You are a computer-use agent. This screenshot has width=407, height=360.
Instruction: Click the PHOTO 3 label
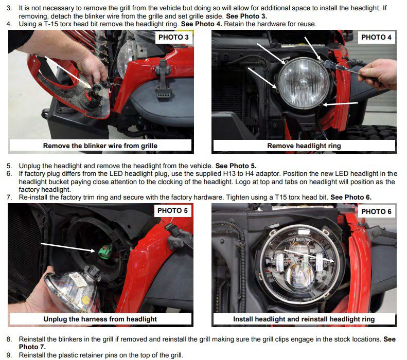pos(173,38)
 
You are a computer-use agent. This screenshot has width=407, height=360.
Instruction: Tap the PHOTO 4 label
pos(376,38)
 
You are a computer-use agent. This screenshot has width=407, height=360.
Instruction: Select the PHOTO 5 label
pos(172,211)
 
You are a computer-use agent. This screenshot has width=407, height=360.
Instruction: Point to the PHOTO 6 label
pos(376,211)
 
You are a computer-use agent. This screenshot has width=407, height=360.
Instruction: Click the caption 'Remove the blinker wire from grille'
pos(100,146)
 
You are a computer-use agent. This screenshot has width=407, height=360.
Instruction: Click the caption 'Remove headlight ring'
pos(304,146)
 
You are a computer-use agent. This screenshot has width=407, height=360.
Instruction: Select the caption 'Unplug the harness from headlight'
pos(100,319)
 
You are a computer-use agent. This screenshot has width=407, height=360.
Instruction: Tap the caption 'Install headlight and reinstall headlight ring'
pos(304,319)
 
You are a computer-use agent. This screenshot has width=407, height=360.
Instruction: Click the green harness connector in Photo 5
pos(105,251)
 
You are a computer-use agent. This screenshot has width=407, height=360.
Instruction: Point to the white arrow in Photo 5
pos(68,247)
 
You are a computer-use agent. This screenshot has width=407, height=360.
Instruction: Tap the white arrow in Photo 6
pos(309,256)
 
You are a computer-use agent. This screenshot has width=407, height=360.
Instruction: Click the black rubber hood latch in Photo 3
pos(163,79)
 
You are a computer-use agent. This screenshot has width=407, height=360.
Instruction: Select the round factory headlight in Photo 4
pos(304,83)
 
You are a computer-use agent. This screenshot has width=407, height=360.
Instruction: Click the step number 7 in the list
pos(9,197)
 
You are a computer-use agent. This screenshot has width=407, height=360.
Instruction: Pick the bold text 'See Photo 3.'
pos(246,16)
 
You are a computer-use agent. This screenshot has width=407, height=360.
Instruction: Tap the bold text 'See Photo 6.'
pos(351,197)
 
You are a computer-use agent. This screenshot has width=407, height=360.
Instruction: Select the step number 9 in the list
pos(9,355)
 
